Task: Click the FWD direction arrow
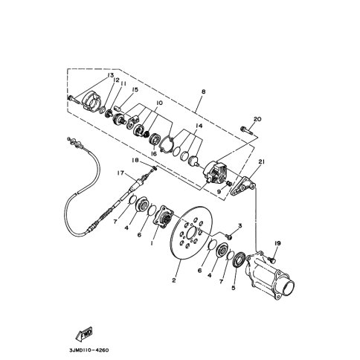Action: pos(84,334)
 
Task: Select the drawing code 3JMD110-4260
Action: pos(89,350)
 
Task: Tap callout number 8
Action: pos(203,91)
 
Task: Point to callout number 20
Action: pos(257,119)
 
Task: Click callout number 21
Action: pos(262,162)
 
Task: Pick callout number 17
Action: pos(120,173)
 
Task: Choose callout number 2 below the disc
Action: pos(174,280)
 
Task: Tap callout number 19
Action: pos(277,243)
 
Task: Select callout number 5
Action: pos(233,288)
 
